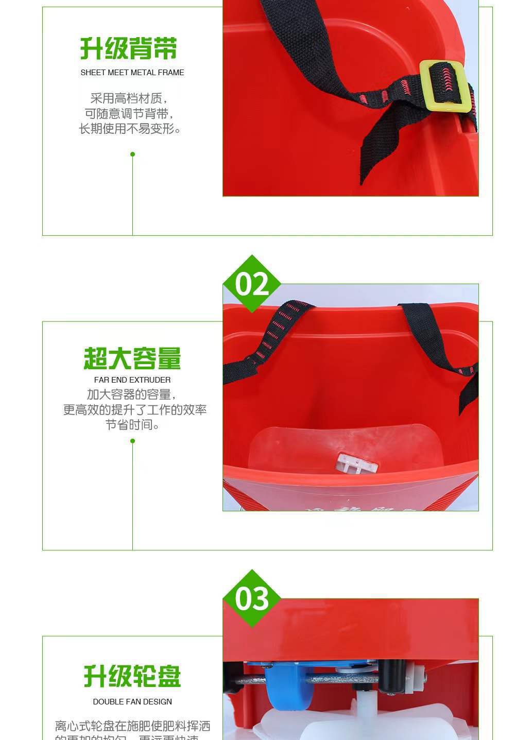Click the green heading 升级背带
coord(129,49)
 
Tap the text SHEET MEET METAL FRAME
coord(132,73)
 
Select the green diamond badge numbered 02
coord(251,284)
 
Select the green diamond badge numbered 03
coord(251,598)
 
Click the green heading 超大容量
coord(132,358)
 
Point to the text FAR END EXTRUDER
coord(132,380)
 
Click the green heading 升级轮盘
coord(132,676)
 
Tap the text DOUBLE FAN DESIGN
coord(132,702)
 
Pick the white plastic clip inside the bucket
coord(356,463)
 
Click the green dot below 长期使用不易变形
coord(133,154)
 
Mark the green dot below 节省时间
coord(133,441)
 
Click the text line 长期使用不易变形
coord(130,129)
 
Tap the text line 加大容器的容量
coord(132,395)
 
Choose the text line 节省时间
coord(133,425)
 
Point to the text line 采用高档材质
coord(129,98)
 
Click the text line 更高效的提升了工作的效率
coord(135,410)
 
